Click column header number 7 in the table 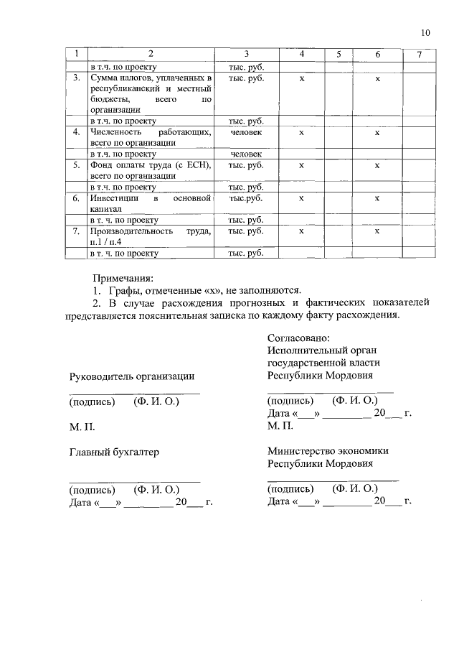tap(419, 55)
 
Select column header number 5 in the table tap(338, 55)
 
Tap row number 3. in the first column tap(75, 78)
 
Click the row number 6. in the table tap(75, 198)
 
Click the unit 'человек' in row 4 tap(246, 133)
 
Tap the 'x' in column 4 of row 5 tap(301, 165)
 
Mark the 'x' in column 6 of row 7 tap(377, 231)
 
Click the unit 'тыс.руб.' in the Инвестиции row tap(246, 198)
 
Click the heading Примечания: tap(123, 278)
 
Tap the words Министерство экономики tap(328, 450)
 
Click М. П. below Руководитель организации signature tap(82, 427)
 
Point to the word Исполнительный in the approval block tap(301, 350)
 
